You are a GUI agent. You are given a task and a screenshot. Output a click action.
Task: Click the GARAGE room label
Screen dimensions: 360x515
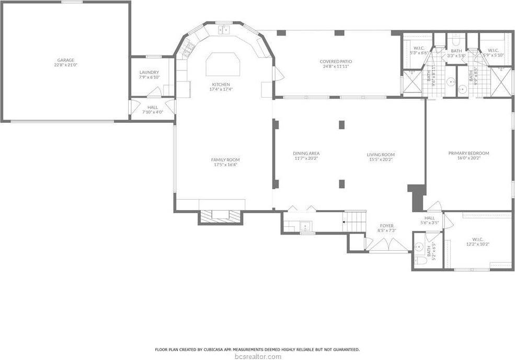point(65,60)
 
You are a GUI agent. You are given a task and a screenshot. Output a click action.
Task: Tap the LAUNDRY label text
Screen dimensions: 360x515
point(149,73)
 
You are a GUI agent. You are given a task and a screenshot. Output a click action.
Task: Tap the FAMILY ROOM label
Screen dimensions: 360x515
point(225,160)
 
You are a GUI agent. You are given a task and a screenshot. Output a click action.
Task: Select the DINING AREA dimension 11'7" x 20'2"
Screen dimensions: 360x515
point(306,158)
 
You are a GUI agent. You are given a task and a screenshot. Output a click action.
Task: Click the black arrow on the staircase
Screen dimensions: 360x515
point(344,222)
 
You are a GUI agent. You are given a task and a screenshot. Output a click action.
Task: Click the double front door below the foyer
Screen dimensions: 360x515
point(387,246)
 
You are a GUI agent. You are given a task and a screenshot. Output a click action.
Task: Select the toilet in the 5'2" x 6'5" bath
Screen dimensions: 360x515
point(419,260)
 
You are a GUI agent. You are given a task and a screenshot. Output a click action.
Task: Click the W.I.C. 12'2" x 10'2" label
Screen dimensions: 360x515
point(478,241)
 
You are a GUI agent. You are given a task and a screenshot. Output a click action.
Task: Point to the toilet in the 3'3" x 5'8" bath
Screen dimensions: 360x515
point(455,40)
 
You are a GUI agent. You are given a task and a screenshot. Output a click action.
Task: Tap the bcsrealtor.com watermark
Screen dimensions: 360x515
point(257,356)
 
